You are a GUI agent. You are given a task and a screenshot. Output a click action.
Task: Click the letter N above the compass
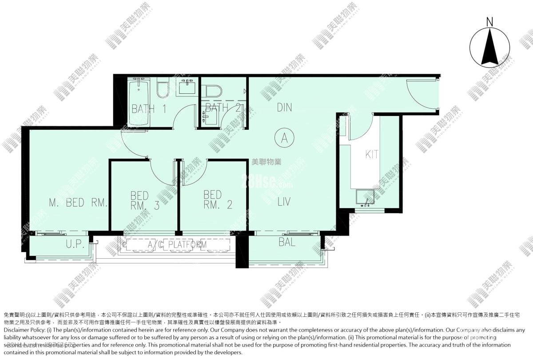pyautogui.click(x=489, y=21)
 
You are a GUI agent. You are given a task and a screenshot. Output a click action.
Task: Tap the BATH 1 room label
pyautogui.click(x=149, y=108)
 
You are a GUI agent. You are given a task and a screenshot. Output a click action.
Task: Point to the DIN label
pyautogui.click(x=284, y=107)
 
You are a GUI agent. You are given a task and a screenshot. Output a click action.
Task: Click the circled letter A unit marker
pyautogui.click(x=284, y=138)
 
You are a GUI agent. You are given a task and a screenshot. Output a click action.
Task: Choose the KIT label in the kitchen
pyautogui.click(x=372, y=155)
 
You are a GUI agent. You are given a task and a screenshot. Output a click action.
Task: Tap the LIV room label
pyautogui.click(x=284, y=202)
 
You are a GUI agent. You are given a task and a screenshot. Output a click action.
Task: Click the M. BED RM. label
pyautogui.click(x=78, y=203)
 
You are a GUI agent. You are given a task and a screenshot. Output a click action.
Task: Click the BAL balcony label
pyautogui.click(x=287, y=243)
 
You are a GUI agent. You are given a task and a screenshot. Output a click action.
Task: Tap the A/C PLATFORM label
pyautogui.click(x=177, y=244)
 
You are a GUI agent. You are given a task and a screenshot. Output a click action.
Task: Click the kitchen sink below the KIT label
pyautogui.click(x=364, y=197)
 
